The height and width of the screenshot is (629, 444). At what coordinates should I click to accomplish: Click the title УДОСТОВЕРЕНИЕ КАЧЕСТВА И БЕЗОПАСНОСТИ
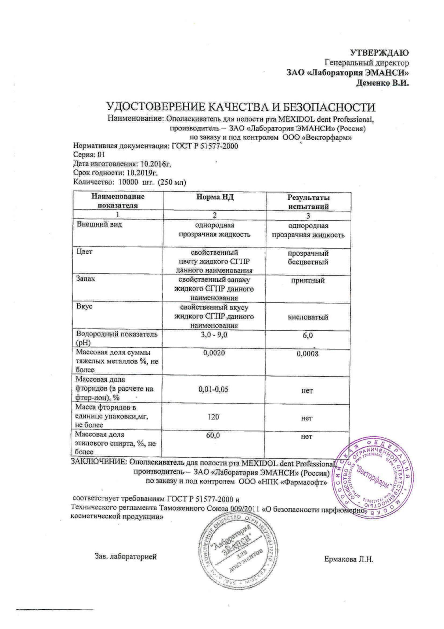[240, 107]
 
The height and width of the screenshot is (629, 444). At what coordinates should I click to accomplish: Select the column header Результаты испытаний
[308, 202]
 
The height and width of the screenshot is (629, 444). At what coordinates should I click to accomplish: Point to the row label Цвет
[85, 252]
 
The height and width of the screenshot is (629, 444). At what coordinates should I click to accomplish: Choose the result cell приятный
[308, 280]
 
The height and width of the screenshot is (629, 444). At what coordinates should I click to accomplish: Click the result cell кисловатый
[308, 317]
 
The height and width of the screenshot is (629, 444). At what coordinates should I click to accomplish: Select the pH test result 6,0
[308, 335]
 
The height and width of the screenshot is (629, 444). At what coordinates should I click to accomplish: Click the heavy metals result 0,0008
[308, 354]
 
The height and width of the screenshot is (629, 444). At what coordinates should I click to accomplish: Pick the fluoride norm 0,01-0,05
[215, 389]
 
